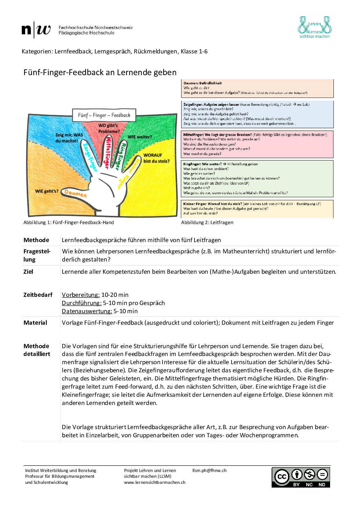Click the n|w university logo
[x=36, y=30]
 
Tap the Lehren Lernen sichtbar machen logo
[x=314, y=27]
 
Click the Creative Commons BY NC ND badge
[x=301, y=477]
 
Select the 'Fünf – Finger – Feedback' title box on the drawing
[x=104, y=115]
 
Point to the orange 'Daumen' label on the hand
[x=75, y=193]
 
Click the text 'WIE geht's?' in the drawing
[x=47, y=191]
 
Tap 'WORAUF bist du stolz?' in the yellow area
[x=156, y=158]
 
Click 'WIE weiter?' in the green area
[x=140, y=137]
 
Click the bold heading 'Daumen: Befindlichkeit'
[x=203, y=83]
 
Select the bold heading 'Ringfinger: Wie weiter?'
[x=202, y=164]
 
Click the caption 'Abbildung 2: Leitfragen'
[x=207, y=222]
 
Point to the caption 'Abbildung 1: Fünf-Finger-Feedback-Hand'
[x=69, y=222]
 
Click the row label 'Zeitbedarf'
[x=38, y=295]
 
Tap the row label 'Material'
[x=35, y=323]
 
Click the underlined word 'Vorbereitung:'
[x=81, y=295]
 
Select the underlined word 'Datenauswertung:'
[x=87, y=311]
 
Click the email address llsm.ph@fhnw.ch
[x=209, y=471]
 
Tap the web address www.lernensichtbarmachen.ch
[x=155, y=482]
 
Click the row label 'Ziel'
[x=28, y=272]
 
